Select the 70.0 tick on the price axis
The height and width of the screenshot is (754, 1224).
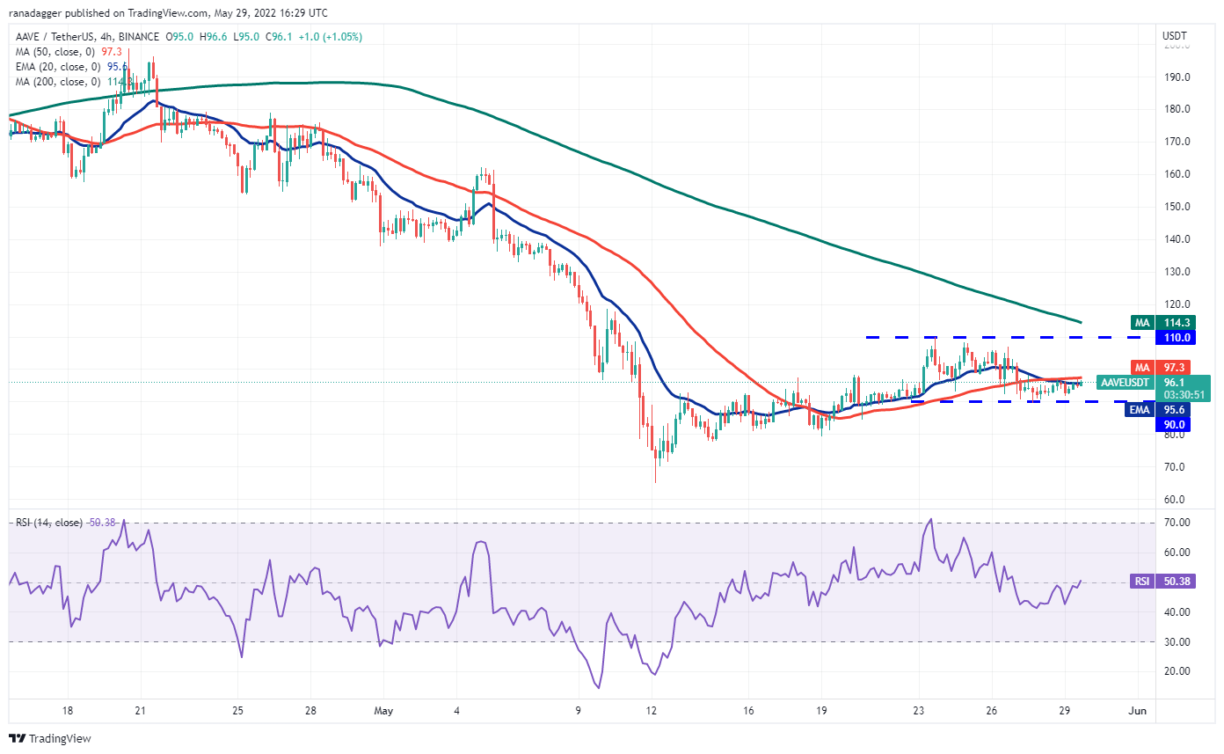pyautogui.click(x=1177, y=467)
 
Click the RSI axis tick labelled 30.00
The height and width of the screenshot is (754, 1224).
pyautogui.click(x=1177, y=641)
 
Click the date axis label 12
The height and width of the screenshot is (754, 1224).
pyautogui.click(x=652, y=709)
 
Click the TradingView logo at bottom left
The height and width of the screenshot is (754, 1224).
pyautogui.click(x=50, y=738)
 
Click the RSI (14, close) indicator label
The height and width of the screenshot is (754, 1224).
pyautogui.click(x=49, y=523)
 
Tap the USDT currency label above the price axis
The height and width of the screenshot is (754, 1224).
pyautogui.click(x=1175, y=36)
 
